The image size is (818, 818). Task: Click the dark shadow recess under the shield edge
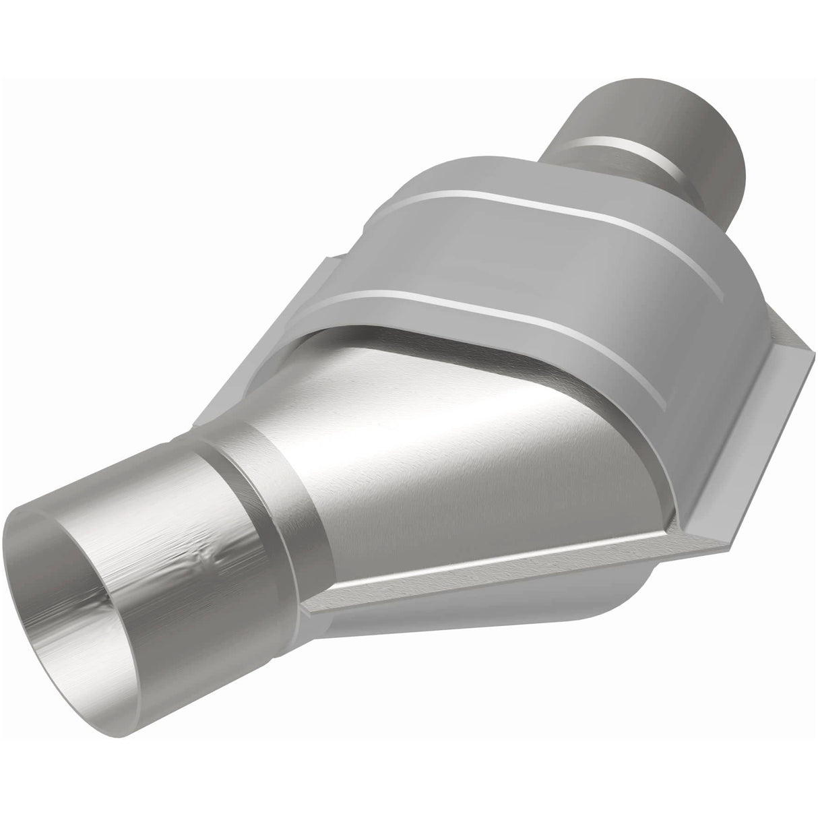click(377, 337)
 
